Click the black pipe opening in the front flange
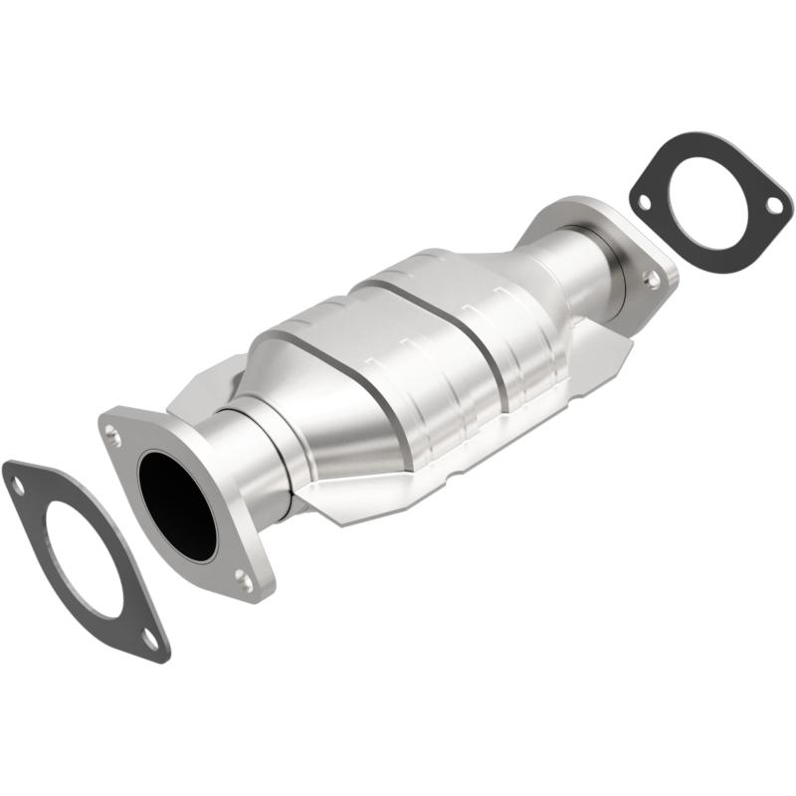(x=178, y=502)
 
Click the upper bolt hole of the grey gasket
(x=17, y=485)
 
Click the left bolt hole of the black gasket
(x=644, y=203)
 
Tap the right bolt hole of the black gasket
(x=772, y=204)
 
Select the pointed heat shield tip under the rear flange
(x=625, y=343)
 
